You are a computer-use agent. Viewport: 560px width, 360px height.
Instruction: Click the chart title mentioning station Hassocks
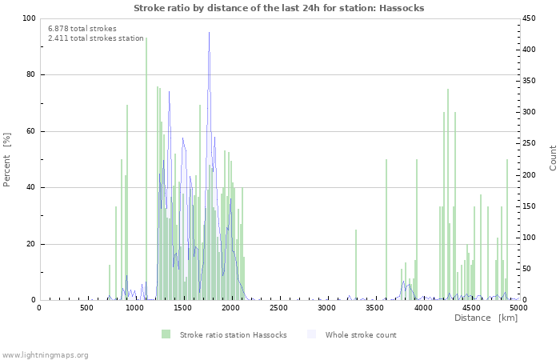pos(278,8)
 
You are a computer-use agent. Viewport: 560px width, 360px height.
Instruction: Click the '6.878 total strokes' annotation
pos(82,28)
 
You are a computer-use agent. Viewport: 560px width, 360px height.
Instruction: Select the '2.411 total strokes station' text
pos(95,38)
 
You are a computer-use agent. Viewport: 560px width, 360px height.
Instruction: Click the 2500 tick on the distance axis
pos(278,307)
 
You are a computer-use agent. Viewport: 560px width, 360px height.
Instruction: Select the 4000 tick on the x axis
pos(422,307)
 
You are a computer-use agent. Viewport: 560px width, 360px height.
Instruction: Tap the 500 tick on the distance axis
pos(86,307)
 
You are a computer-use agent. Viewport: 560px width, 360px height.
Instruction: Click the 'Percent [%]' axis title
pos(7,159)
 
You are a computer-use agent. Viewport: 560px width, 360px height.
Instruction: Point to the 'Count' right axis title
pos(553,158)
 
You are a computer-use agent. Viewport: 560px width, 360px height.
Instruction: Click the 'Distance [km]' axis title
pos(486,318)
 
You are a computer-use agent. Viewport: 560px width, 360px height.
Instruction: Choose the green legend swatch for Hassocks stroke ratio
pos(166,334)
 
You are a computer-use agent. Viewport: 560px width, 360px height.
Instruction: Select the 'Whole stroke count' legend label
pos(361,334)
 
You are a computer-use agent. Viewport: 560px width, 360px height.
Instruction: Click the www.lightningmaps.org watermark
pos(45,354)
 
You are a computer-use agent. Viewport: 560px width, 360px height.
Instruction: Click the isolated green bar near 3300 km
pos(356,264)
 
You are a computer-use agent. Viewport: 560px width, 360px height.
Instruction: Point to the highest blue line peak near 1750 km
pos(210,34)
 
